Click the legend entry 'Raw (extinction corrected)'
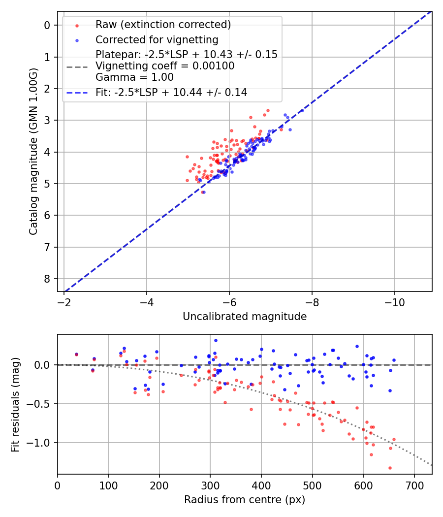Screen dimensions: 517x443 tap(163, 25)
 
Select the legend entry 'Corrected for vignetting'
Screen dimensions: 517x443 tap(157, 39)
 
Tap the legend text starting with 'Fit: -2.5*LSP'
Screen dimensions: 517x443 tap(171, 92)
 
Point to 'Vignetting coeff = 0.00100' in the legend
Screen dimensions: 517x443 tap(165, 66)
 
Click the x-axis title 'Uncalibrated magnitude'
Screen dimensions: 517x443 tap(245, 317)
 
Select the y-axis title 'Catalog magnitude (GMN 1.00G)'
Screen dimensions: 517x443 tap(33, 151)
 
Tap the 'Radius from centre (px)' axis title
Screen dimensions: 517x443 tap(245, 500)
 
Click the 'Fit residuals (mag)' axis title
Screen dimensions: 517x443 tap(15, 404)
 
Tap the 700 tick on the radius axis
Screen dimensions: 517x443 tap(414, 485)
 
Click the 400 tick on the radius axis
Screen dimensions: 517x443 tap(261, 485)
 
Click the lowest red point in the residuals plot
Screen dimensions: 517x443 tap(390, 468)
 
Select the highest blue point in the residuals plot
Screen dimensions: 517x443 tap(216, 340)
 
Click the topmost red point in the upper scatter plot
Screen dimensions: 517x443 tap(268, 111)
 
